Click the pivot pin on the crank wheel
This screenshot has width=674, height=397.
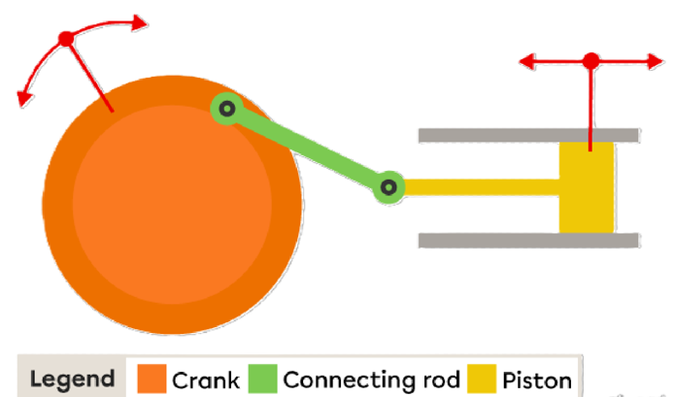[x=227, y=109]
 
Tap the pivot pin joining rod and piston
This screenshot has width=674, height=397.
[x=388, y=187]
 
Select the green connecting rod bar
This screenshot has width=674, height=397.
[x=308, y=149]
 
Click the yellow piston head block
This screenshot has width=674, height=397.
[x=587, y=187]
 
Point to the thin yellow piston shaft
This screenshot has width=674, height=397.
[x=482, y=187]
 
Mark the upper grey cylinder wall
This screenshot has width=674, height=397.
[x=528, y=135]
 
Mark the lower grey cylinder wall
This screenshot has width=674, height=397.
[x=528, y=240]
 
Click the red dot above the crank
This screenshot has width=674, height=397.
[x=66, y=39]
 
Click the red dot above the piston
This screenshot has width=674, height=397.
[x=591, y=61]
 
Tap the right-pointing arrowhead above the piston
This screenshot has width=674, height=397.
[x=656, y=61]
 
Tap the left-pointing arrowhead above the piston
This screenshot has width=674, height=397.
[x=527, y=61]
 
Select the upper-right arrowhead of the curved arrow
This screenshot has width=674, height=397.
[x=140, y=22]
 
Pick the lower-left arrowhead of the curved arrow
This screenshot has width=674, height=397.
[x=24, y=99]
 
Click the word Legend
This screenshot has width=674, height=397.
[x=72, y=380]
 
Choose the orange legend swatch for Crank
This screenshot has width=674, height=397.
[x=152, y=379]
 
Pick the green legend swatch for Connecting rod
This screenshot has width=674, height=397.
[x=262, y=379]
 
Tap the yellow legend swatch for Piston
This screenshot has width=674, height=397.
[x=482, y=379]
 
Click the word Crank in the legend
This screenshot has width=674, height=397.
[x=206, y=380]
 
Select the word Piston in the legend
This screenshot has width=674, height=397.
[x=537, y=380]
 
